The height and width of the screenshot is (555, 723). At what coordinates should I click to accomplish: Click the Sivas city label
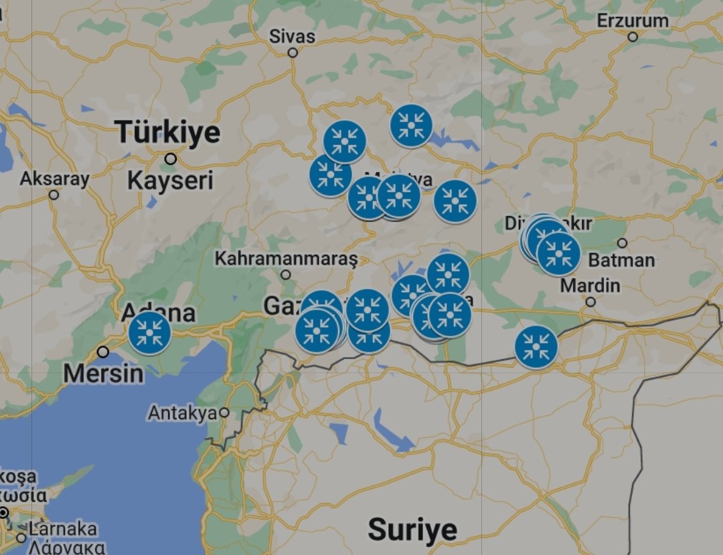click(x=292, y=36)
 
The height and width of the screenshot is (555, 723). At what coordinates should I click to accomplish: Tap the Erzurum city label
click(x=633, y=21)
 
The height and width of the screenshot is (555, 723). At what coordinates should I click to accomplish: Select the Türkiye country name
click(x=167, y=132)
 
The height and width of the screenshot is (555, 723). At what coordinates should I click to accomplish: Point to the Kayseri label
click(x=170, y=180)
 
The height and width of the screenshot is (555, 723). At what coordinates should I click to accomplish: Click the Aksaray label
click(x=54, y=179)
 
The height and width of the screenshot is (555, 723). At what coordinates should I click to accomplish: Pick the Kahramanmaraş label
click(x=286, y=258)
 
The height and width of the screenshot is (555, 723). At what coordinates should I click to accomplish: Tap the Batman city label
click(x=622, y=259)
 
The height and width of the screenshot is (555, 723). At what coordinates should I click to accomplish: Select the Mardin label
click(x=590, y=286)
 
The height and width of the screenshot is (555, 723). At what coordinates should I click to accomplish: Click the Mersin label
click(x=104, y=374)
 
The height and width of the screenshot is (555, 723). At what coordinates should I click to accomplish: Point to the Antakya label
click(x=182, y=413)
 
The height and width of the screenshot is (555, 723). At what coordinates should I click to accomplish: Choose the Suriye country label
click(x=412, y=530)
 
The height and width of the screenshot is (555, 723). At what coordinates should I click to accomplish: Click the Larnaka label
click(x=63, y=529)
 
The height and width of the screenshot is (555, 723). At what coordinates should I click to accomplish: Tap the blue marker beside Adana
click(x=149, y=332)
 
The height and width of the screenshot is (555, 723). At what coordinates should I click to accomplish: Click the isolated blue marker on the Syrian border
click(x=536, y=346)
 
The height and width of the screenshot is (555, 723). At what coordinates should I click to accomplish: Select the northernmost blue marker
click(x=411, y=126)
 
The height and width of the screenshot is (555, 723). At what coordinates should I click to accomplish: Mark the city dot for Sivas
click(x=293, y=52)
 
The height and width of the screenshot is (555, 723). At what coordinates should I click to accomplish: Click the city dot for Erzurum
click(x=633, y=37)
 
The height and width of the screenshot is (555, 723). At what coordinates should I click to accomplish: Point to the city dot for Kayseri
click(x=171, y=159)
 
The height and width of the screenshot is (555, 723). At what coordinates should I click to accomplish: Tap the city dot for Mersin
click(x=103, y=352)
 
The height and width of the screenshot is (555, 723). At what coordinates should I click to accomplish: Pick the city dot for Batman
click(x=622, y=243)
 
